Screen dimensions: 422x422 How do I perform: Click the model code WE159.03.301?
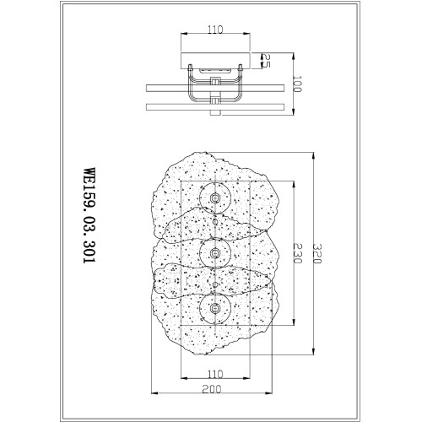90,215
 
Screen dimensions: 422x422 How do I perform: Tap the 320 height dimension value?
317,253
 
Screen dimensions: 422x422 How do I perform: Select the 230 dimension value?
297,253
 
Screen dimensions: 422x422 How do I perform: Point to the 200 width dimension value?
212,389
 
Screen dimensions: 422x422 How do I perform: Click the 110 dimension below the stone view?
215,374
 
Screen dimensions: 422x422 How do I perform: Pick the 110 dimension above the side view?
215,30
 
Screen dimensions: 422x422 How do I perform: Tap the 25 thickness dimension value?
266,61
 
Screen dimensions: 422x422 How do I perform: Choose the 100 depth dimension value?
297,84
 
